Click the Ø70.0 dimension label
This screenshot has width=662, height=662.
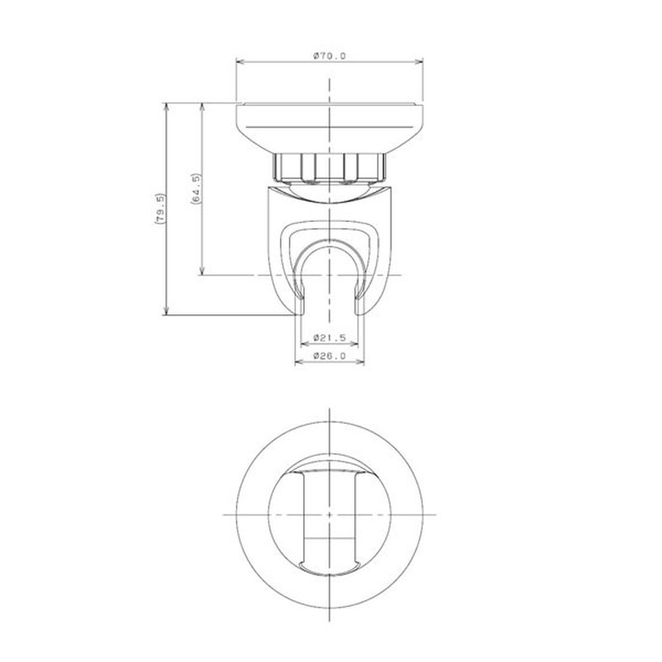[329, 55]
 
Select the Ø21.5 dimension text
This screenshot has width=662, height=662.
[329, 338]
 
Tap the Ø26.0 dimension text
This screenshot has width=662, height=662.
[329, 356]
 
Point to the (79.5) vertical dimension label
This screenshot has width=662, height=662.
[160, 209]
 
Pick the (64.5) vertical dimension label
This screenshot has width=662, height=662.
[196, 189]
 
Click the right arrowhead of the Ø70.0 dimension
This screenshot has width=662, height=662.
[419, 62]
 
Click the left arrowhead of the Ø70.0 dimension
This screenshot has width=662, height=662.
[240, 62]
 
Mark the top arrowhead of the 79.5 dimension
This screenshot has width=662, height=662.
[166, 107]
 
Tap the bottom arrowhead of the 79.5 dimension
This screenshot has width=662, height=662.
[166, 311]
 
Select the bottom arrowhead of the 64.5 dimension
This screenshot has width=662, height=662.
[203, 271]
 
